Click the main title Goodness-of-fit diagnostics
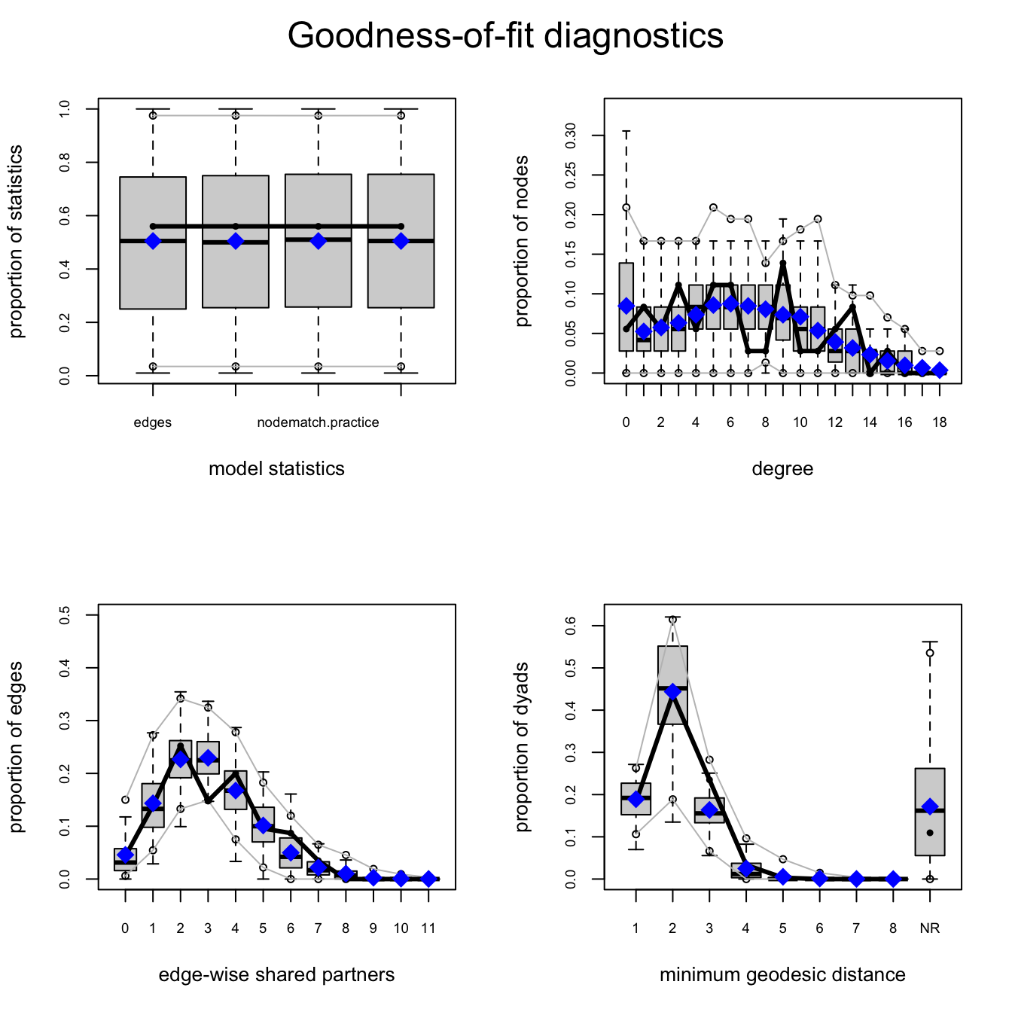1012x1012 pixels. (x=505, y=35)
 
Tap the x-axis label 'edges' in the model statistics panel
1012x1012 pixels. (x=153, y=422)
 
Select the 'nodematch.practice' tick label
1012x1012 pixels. (x=318, y=422)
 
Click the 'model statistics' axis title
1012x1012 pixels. (x=276, y=469)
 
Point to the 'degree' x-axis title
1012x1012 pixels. (x=782, y=469)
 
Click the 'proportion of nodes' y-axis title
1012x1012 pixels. (x=523, y=241)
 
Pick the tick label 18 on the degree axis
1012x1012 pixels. (x=939, y=422)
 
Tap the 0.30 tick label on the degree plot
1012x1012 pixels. (x=572, y=136)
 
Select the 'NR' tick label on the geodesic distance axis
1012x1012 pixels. (x=930, y=928)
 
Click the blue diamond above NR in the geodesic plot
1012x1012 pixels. (x=930, y=806)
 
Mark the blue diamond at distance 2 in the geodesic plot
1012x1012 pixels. (x=672, y=691)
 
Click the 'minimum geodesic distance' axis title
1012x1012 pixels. (x=782, y=975)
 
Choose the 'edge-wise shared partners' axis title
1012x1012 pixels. (x=276, y=975)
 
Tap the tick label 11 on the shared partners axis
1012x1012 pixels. (x=428, y=928)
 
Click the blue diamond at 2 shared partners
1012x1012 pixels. (x=180, y=759)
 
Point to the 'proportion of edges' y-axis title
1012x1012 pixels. (x=17, y=747)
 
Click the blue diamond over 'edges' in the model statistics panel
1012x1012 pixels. (x=153, y=241)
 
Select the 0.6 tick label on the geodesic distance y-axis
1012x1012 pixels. (x=572, y=626)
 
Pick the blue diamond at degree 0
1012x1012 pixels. (x=626, y=306)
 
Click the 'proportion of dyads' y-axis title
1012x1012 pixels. (x=523, y=747)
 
